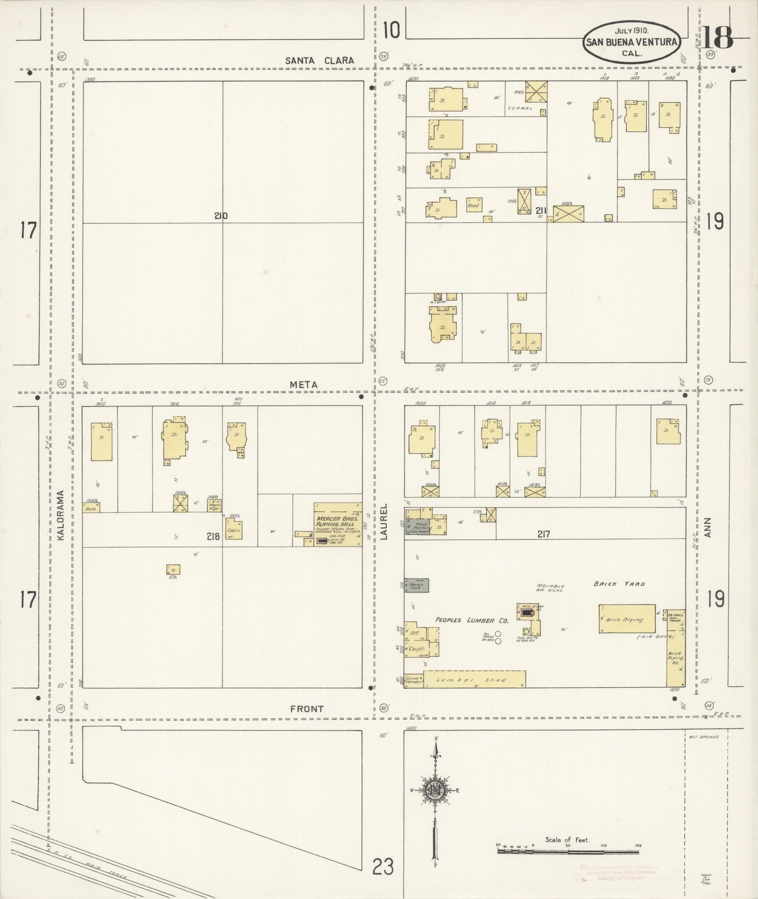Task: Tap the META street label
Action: click(x=304, y=384)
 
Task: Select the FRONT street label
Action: click(x=307, y=709)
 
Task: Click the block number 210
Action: click(x=221, y=216)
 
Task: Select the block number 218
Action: click(x=213, y=536)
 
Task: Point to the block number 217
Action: click(x=543, y=534)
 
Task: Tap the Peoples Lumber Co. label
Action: click(x=472, y=620)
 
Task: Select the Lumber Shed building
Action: click(x=474, y=679)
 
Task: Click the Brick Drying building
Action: click(x=627, y=619)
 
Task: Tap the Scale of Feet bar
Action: click(x=569, y=846)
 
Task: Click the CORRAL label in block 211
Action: click(x=520, y=108)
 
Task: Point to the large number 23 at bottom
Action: click(x=383, y=868)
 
